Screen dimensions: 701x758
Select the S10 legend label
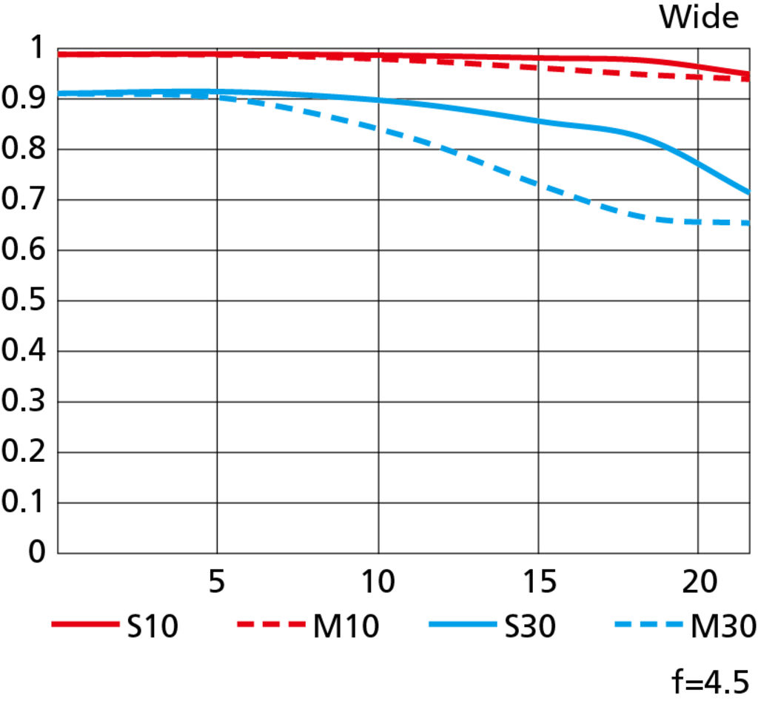[x=152, y=627]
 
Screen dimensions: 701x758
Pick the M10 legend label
[x=346, y=627]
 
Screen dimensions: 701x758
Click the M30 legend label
[x=722, y=627]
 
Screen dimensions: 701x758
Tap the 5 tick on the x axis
[x=215, y=583]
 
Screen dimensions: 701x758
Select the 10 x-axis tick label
[x=378, y=583]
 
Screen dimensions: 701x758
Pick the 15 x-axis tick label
[x=539, y=583]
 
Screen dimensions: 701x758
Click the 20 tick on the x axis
[x=699, y=583]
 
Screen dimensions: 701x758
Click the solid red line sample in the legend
[x=85, y=626]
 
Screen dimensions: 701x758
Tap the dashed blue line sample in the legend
[x=647, y=626]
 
